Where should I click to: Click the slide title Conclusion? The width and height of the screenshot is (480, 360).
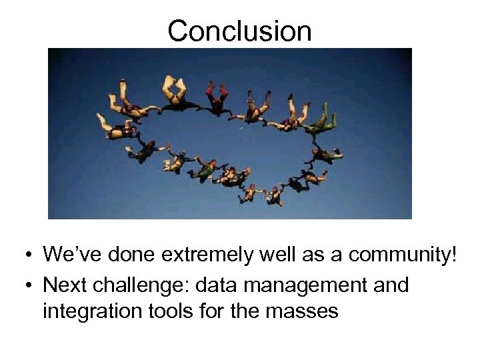point(239,31)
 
